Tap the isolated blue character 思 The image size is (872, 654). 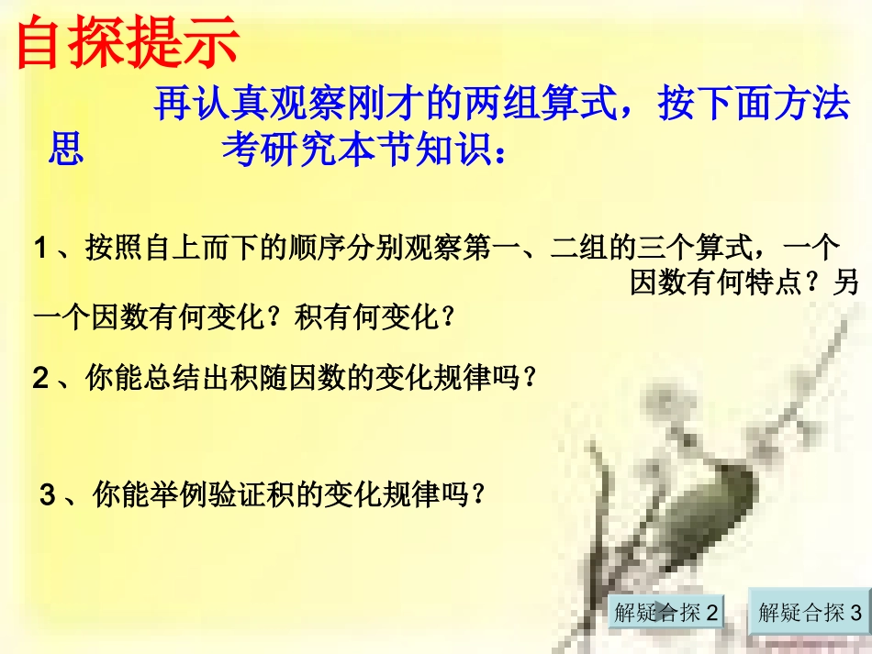[x=65, y=149]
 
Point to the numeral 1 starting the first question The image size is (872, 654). [x=40, y=249]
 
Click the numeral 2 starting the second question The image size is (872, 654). [x=40, y=377]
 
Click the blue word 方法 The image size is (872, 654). [x=811, y=107]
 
